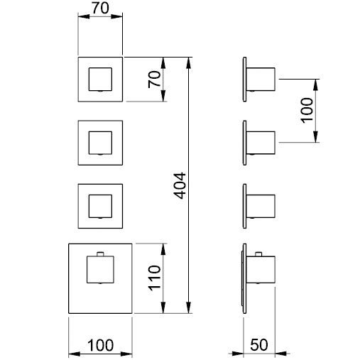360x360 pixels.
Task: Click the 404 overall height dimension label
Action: pyautogui.click(x=180, y=186)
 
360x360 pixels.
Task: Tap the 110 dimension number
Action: pyautogui.click(x=154, y=278)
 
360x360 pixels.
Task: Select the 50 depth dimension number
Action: pyautogui.click(x=259, y=345)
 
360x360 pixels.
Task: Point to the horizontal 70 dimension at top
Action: pyautogui.click(x=101, y=8)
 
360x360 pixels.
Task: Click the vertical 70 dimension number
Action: pyautogui.click(x=154, y=80)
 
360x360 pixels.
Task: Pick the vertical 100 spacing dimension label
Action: pyautogui.click(x=307, y=111)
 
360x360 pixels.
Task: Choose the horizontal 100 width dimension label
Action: pyautogui.click(x=101, y=345)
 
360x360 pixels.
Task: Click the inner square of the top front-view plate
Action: pyautogui.click(x=100, y=79)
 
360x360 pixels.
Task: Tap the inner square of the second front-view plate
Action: pyautogui.click(x=100, y=143)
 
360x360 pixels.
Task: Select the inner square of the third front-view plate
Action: pyautogui.click(x=100, y=206)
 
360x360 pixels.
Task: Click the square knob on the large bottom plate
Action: pyautogui.click(x=100, y=269)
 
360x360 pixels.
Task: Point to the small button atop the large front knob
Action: pyautogui.click(x=101, y=253)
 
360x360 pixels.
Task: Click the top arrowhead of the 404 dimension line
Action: pyautogui.click(x=188, y=62)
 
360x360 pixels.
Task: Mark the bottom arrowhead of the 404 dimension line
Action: pyautogui.click(x=188, y=307)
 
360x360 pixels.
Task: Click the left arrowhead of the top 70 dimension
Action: pyautogui.click(x=84, y=16)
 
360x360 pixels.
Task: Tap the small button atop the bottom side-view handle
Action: pyautogui.click(x=258, y=253)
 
